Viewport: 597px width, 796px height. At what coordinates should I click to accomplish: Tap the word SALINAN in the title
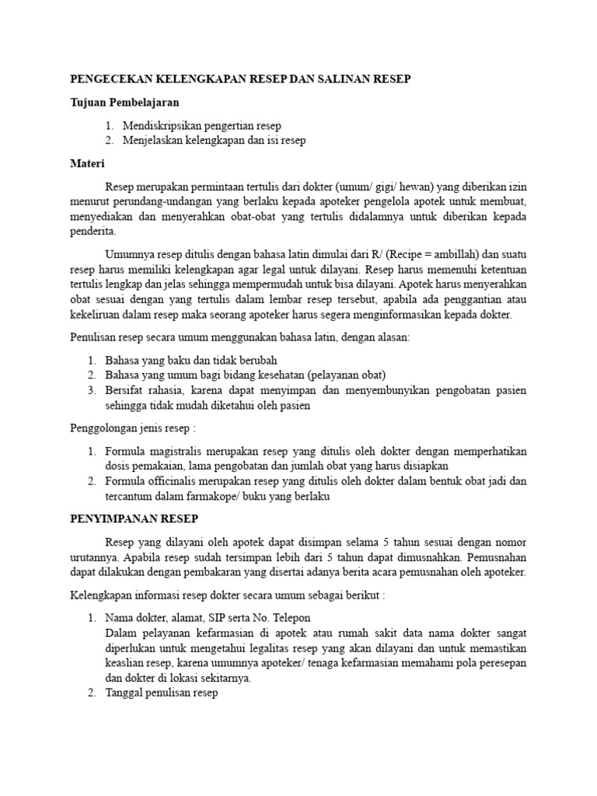(343, 79)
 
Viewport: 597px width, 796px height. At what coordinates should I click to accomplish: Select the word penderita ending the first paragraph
(93, 231)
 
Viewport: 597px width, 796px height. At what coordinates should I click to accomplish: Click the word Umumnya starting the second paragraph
(128, 254)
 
